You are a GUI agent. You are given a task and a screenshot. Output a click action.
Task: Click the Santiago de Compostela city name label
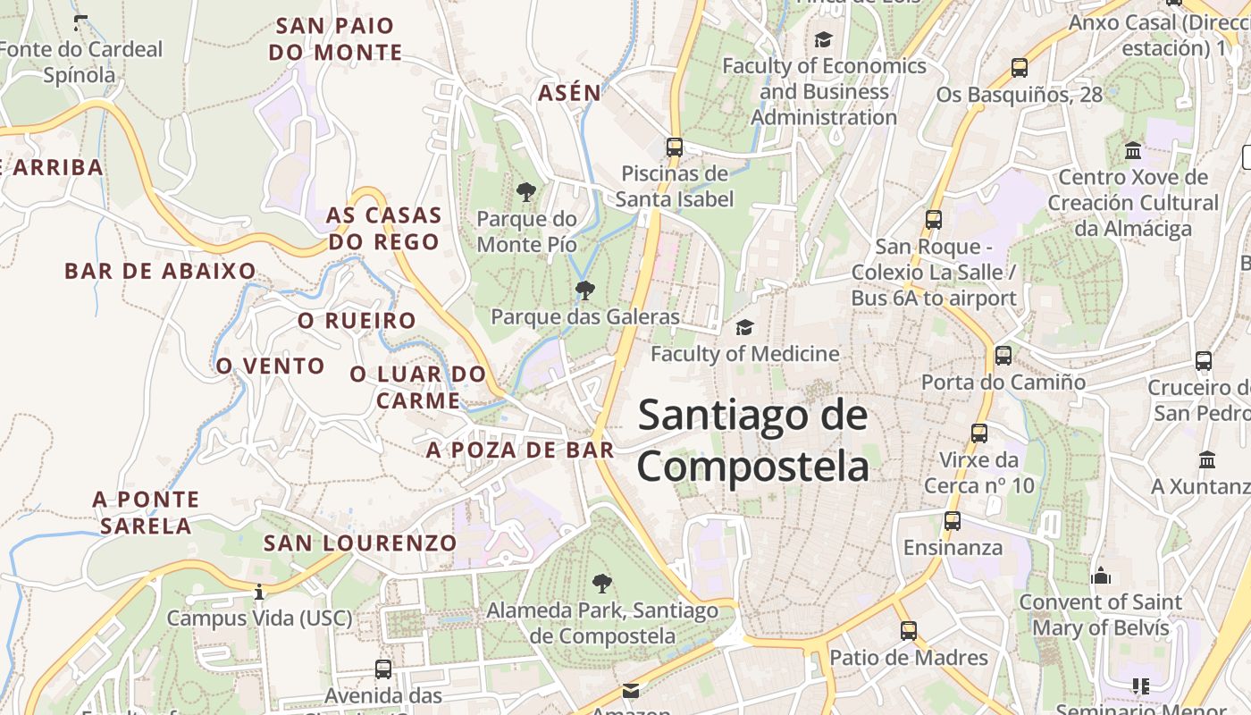point(752,442)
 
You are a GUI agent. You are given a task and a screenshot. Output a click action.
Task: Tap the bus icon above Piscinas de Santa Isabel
point(675,147)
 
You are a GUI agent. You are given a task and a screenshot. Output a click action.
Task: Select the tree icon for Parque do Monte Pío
point(526,191)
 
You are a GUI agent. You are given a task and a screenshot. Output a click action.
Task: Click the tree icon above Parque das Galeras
point(585,290)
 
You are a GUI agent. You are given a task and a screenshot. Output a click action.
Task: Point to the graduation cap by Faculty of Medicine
point(744,327)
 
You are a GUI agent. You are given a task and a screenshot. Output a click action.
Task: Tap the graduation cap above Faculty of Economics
point(823,39)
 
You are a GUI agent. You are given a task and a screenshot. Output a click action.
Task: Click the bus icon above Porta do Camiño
point(1003,356)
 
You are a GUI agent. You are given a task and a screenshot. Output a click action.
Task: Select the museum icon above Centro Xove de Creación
point(1134,150)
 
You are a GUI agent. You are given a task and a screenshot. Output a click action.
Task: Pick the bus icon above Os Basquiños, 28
point(1020,67)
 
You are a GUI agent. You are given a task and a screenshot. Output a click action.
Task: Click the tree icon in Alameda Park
point(602,584)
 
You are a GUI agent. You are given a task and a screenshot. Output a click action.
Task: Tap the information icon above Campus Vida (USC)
point(259,592)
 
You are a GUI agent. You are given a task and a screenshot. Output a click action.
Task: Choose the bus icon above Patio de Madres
point(909,631)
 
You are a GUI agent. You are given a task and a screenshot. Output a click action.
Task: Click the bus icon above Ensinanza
point(953,520)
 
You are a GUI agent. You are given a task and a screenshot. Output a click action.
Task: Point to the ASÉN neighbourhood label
point(569,92)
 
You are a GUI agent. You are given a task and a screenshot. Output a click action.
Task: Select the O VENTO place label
point(270,366)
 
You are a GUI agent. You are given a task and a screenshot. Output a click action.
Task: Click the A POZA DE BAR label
point(520,450)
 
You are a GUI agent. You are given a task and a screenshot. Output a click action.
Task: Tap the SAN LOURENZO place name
point(360,543)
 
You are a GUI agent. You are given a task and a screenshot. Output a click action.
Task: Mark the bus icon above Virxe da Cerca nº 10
point(979,433)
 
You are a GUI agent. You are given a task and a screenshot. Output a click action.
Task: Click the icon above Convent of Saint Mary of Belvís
point(1101,576)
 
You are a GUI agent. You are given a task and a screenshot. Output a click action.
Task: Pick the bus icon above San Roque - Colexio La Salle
point(934,220)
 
